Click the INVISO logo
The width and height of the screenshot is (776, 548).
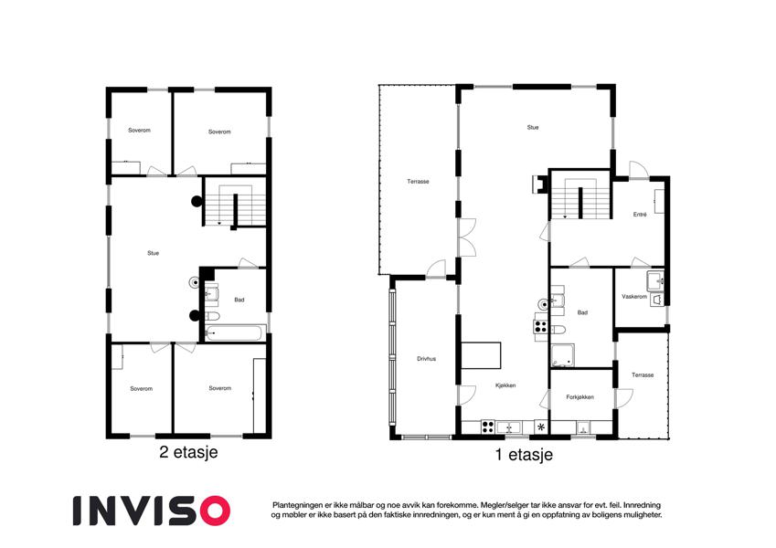152,511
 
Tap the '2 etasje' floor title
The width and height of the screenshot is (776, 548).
188,452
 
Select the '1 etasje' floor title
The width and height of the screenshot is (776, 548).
524,455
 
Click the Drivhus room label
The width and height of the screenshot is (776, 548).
426,359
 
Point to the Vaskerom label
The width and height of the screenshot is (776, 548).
634,297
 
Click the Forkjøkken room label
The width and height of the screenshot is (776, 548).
580,396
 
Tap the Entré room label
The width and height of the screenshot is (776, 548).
640,214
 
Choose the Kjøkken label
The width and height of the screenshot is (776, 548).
505,385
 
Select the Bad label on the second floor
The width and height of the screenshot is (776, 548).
239,300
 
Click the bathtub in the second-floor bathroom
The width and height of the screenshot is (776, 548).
235,332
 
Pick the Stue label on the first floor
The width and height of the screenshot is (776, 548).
533,127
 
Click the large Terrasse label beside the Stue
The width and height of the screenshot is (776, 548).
419,182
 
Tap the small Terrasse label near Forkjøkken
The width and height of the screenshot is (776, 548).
643,374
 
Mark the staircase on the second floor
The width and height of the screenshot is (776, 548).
236,205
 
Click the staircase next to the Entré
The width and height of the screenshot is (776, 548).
580,198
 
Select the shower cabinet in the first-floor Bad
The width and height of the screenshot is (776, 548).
563,355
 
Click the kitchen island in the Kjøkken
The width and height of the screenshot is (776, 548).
481,355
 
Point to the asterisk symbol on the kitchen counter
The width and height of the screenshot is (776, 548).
541,427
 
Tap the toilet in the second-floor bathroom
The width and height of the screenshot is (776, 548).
212,316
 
